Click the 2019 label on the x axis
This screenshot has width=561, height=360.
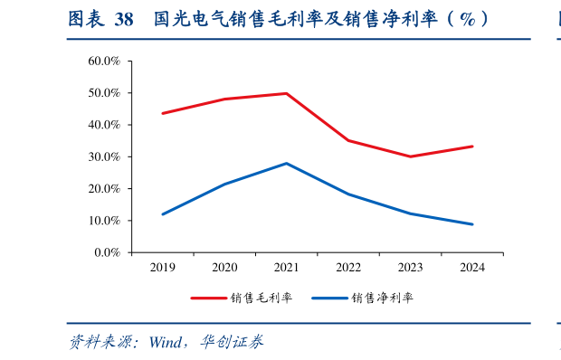coord(163,268)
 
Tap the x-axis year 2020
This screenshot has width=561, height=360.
coord(224,268)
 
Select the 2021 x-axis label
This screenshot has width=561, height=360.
coord(287,268)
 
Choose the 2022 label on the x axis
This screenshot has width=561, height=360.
coord(348,268)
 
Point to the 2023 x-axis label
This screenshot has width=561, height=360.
coord(410,268)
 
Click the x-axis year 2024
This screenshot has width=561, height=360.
coord(472,268)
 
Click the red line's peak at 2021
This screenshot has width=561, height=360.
coord(287,93)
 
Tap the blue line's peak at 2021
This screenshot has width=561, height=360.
coord(287,163)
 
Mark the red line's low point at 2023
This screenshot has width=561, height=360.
coord(410,156)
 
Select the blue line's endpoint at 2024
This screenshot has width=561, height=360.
coord(472,224)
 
